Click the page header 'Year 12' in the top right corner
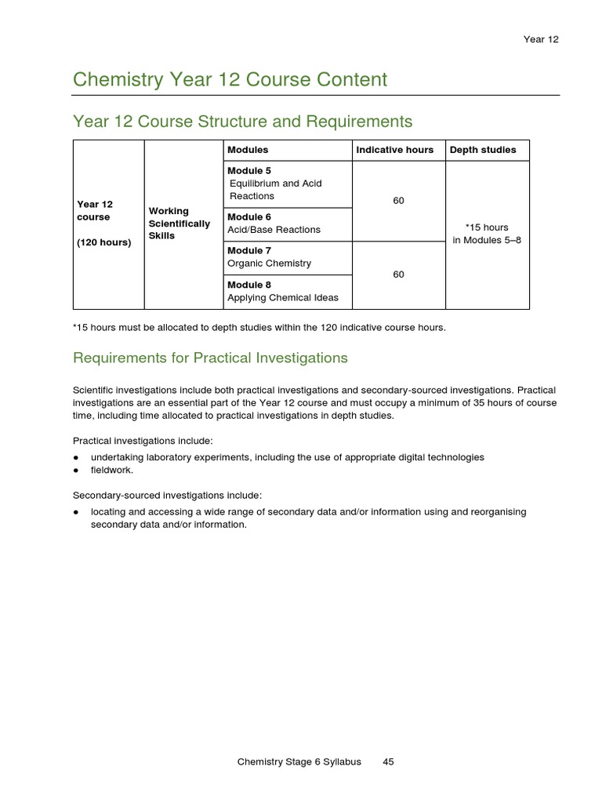coord(542,39)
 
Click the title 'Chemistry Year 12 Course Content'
coord(230,79)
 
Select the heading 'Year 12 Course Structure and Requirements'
coord(242,122)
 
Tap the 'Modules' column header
coord(248,150)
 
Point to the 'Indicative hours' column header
coord(394,150)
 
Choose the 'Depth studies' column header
coord(483,150)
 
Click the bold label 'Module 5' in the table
coord(249,171)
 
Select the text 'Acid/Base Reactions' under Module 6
coord(274,230)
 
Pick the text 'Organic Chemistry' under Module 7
coord(269,263)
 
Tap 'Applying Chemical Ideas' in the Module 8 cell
coord(283,298)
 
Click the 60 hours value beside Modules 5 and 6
coord(398,201)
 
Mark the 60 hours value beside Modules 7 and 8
coord(398,274)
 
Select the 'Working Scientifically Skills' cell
coord(179,223)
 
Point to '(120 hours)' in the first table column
coord(103,242)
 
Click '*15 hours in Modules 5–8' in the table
coord(487,234)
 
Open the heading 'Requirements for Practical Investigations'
coord(210,358)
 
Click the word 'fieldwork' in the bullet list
coord(111,471)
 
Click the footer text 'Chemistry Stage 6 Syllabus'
coord(299,761)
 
